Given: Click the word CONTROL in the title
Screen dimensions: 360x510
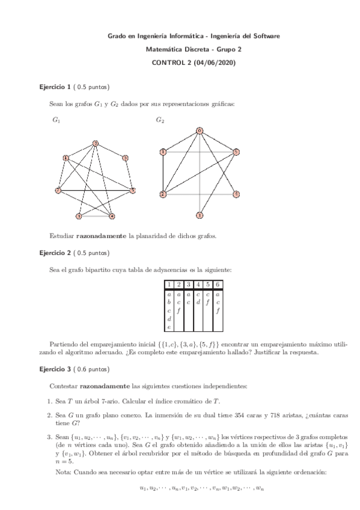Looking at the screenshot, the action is [x=166, y=62].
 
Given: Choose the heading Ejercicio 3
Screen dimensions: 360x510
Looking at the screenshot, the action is [x=56, y=369].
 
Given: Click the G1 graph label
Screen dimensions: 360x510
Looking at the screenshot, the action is [x=56, y=120].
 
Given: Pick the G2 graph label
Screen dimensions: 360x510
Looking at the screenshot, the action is [x=160, y=120].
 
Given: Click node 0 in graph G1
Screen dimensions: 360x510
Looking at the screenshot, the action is [x=95, y=143].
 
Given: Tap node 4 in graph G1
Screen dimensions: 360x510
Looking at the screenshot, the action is [x=112, y=216].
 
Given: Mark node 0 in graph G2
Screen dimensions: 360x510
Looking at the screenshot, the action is [x=200, y=130].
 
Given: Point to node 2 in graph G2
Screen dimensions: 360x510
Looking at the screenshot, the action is [x=162, y=194].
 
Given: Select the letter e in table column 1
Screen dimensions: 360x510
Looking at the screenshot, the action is [x=169, y=327].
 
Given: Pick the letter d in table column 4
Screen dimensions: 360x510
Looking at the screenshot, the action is [x=198, y=303].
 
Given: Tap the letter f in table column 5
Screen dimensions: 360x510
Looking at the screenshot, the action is [x=208, y=303].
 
